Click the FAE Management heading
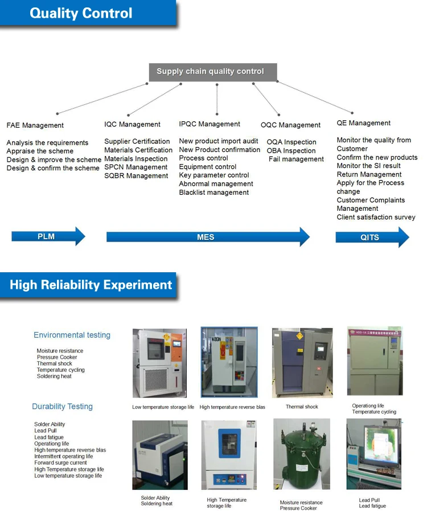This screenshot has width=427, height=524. click(35, 125)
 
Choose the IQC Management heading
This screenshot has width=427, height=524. click(132, 124)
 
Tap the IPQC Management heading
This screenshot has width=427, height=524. click(210, 124)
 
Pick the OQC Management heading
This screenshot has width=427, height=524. click(290, 125)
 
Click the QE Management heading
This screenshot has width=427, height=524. click(363, 123)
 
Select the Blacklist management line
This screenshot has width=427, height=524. click(213, 193)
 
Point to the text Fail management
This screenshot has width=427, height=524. click(296, 159)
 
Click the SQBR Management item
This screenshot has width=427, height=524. click(136, 176)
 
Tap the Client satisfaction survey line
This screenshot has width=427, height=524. click(376, 217)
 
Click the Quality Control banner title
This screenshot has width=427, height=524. click(81, 13)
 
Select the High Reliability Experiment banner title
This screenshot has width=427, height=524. click(91, 285)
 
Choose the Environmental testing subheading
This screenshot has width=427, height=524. click(72, 335)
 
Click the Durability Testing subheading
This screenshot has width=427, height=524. click(62, 406)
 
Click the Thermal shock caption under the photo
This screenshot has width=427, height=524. click(302, 407)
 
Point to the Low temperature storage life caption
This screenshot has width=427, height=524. click(163, 407)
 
